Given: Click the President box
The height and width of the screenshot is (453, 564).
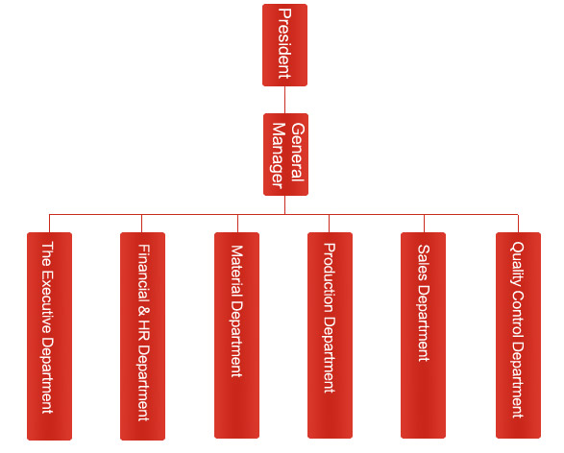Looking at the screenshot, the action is pyautogui.click(x=284, y=45).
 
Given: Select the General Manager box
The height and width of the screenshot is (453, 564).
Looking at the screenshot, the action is pyautogui.click(x=285, y=155).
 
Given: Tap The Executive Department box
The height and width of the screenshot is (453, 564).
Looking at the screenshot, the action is pyautogui.click(x=50, y=336).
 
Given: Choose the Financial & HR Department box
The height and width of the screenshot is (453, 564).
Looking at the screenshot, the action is pyautogui.click(x=143, y=336).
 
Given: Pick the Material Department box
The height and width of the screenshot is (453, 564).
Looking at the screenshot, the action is pyautogui.click(x=236, y=336).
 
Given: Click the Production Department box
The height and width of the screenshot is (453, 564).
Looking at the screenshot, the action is pyautogui.click(x=330, y=336).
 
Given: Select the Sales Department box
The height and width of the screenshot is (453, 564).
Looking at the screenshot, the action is pyautogui.click(x=424, y=336).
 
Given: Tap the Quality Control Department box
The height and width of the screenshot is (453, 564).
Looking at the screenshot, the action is pyautogui.click(x=518, y=336).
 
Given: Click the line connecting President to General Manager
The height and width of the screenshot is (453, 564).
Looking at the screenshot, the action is pyautogui.click(x=284, y=100).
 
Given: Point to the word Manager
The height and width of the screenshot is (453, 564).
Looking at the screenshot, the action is pyautogui.click(x=279, y=155).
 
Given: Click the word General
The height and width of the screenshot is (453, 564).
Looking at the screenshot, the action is pyautogui.click(x=298, y=153).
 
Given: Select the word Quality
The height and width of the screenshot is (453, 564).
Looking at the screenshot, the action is pyautogui.click(x=518, y=264).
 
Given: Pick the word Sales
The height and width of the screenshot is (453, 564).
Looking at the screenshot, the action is pyautogui.click(x=424, y=263).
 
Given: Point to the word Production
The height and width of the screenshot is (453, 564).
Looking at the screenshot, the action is pyautogui.click(x=330, y=278).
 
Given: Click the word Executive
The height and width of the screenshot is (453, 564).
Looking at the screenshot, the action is pyautogui.click(x=47, y=301).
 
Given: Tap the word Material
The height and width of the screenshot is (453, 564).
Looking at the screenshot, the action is pyautogui.click(x=236, y=271).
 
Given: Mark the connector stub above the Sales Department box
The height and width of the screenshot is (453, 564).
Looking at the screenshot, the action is pyautogui.click(x=424, y=224).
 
